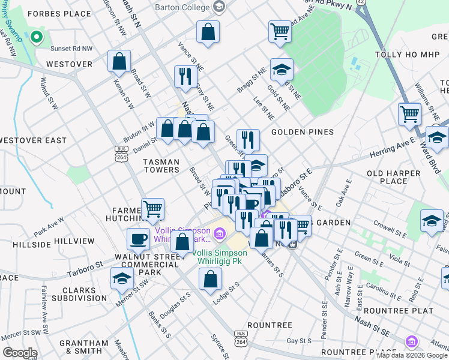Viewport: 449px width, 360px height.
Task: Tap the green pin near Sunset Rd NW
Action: (x=37, y=38)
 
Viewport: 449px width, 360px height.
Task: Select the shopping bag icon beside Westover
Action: (x=119, y=61)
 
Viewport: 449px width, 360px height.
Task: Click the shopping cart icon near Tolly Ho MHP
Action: (x=409, y=113)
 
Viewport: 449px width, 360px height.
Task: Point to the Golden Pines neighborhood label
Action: (x=302, y=131)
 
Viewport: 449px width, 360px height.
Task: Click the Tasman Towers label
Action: (x=161, y=166)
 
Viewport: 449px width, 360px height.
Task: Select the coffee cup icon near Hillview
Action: (x=138, y=239)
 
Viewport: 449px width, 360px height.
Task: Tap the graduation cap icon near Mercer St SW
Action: (x=122, y=278)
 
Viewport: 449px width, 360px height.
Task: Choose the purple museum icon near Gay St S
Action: (x=412, y=341)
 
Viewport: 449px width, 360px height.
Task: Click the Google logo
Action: (x=20, y=353)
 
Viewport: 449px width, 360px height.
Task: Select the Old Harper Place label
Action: (x=387, y=177)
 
